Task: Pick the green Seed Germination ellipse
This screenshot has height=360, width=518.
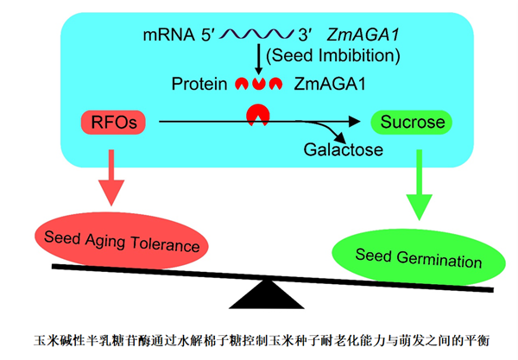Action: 407,257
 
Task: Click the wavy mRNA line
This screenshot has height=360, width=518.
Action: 258,37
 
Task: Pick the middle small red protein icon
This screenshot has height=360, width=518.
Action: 258,85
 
